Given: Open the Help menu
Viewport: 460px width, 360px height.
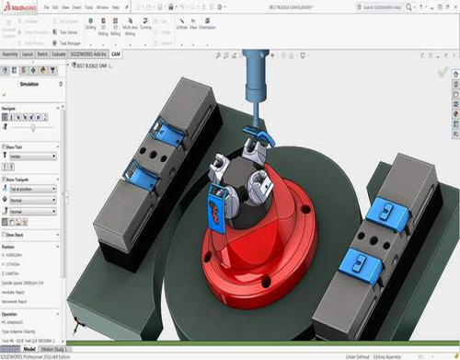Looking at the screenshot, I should tap(116, 6).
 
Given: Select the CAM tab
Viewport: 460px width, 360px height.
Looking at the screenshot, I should tap(116, 54).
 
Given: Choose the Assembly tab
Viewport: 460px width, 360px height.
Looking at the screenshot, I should tap(10, 54).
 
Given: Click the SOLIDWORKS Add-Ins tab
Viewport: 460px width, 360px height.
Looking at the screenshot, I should tap(88, 54).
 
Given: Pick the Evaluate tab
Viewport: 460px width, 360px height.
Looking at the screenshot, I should tap(58, 54).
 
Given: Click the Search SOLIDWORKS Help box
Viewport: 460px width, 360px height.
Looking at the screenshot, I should tap(405, 6).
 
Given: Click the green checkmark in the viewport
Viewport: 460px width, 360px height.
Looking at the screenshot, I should tap(443, 71).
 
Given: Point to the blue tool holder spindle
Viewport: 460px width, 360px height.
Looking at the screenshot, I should tap(251, 83).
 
